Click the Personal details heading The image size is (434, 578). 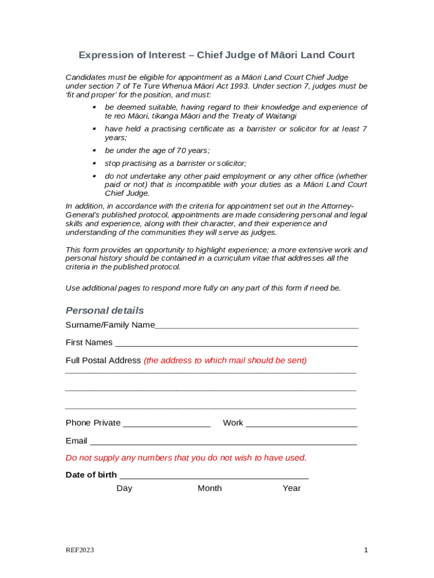click(x=105, y=310)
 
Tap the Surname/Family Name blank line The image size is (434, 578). click(x=256, y=326)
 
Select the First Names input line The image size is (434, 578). click(x=236, y=344)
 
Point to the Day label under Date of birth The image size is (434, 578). click(x=125, y=488)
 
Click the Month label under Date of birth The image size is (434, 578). click(x=210, y=488)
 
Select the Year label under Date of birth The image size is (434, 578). click(x=291, y=488)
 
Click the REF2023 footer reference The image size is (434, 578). click(x=79, y=550)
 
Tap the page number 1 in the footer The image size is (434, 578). click(x=366, y=550)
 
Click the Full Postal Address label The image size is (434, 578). click(x=103, y=360)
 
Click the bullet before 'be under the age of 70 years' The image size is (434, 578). click(x=95, y=151)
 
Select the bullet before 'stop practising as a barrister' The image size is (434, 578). click(x=95, y=164)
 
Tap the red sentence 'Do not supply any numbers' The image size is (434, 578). click(x=186, y=458)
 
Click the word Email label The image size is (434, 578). click(x=77, y=441)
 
